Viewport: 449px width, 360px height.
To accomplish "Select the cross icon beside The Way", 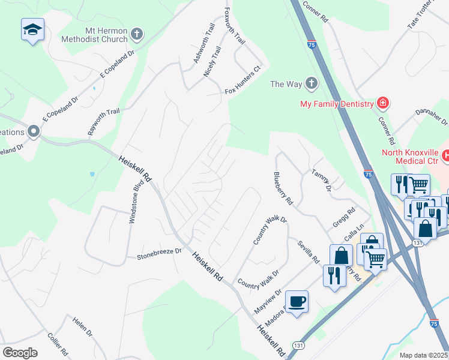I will tap(312, 84).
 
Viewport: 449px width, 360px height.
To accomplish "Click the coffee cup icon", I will tap(296, 301).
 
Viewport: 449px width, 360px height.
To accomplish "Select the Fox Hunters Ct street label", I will tap(244, 91).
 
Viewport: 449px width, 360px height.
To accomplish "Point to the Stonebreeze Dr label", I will tap(159, 251).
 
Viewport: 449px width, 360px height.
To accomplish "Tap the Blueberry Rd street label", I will tap(283, 187).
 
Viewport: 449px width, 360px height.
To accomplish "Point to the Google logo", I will tap(20, 353).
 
